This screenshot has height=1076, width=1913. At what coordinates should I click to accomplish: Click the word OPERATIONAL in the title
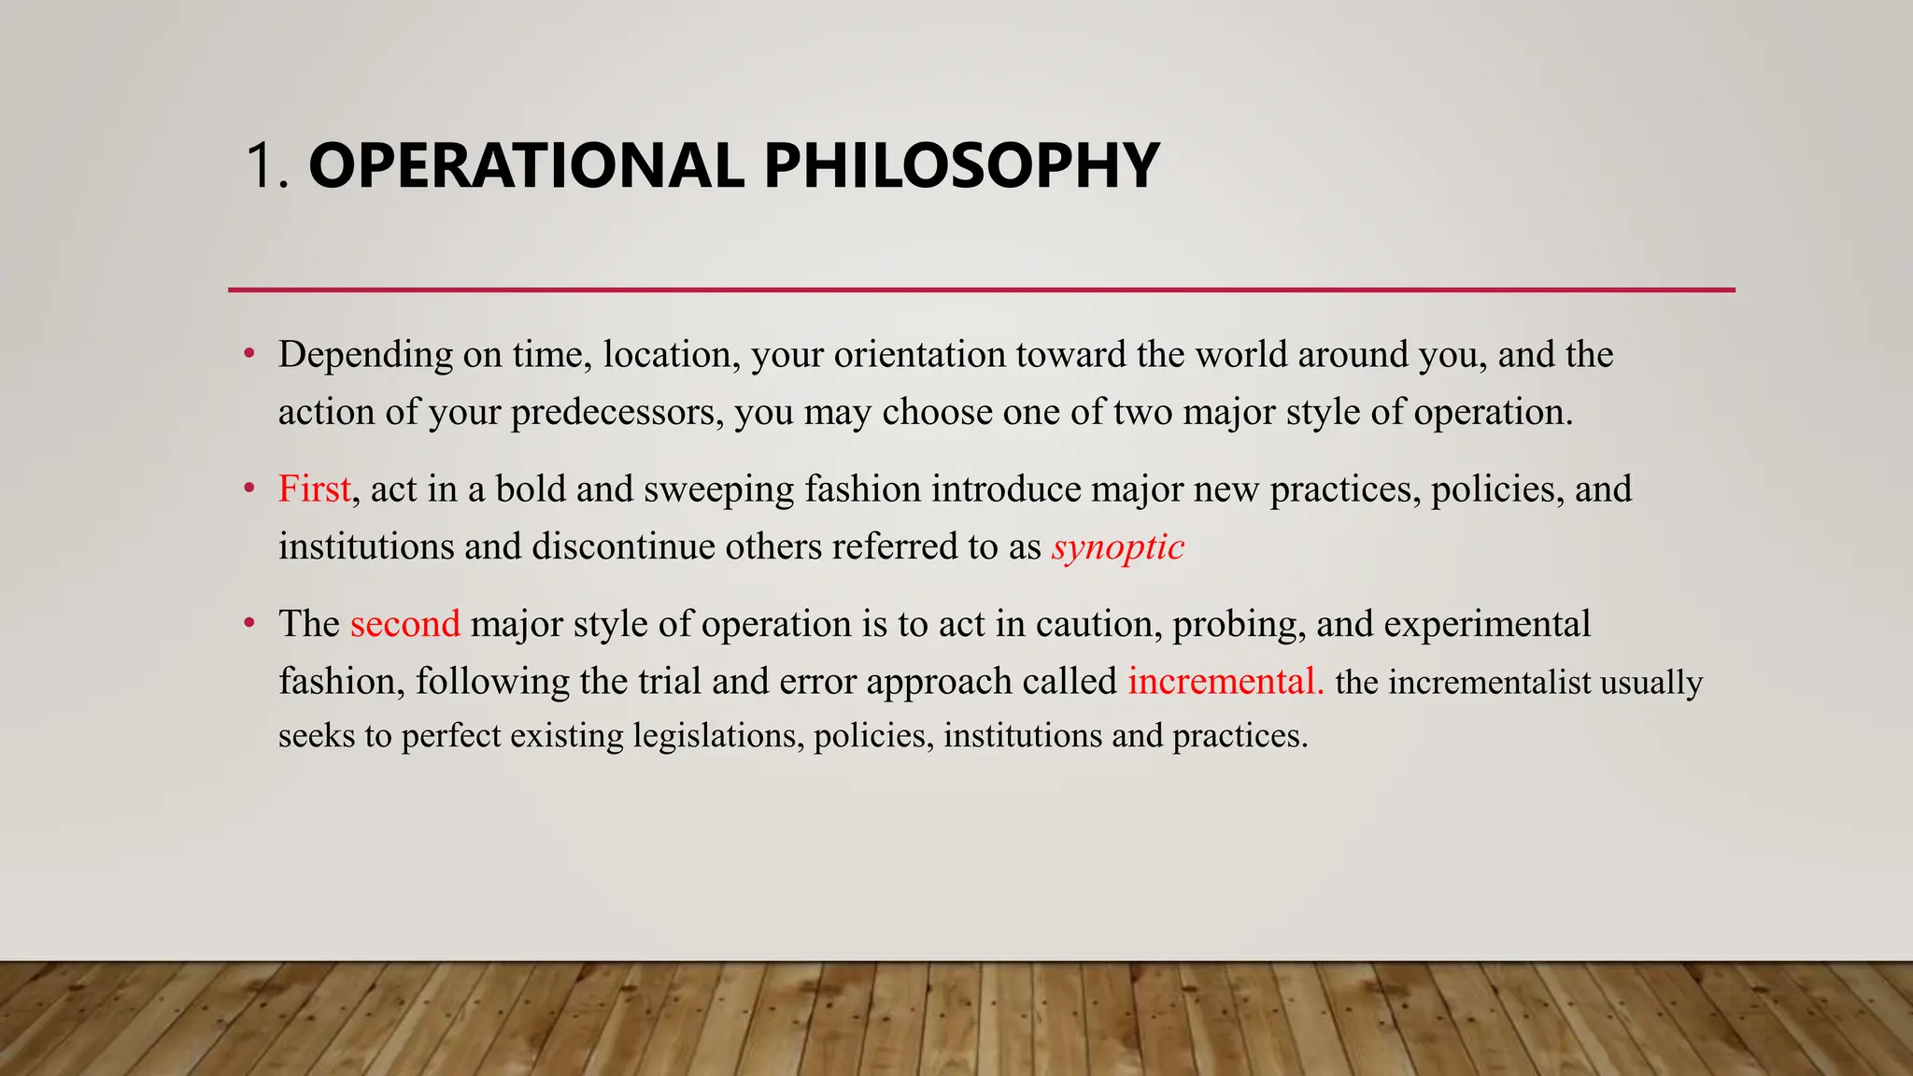click(x=526, y=166)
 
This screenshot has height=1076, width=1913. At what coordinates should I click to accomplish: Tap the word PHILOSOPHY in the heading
click(x=961, y=166)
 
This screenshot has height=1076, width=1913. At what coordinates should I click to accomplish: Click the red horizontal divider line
click(x=981, y=290)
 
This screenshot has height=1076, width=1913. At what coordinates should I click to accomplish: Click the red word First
click(x=314, y=489)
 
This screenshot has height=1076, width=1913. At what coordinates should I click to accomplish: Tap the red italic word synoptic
click(x=1117, y=547)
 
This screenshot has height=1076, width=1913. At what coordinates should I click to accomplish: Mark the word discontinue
click(x=623, y=546)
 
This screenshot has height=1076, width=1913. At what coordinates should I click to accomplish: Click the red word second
click(x=405, y=624)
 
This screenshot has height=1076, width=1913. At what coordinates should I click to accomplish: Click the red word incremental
click(x=1225, y=681)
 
